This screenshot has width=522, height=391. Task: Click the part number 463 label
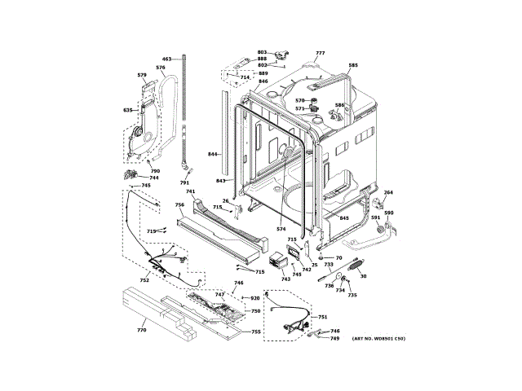click(166, 59)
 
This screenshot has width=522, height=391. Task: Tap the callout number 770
click(141, 330)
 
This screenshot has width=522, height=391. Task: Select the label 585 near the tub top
click(353, 65)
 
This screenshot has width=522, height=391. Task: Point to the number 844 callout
click(212, 154)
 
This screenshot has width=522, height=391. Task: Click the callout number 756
click(179, 204)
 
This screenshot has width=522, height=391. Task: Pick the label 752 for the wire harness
click(144, 280)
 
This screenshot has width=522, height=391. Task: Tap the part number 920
click(254, 299)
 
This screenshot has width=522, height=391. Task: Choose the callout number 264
click(388, 192)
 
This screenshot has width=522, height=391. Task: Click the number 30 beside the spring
click(364, 277)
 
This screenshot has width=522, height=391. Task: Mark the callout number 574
click(281, 229)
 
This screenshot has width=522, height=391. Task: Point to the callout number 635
click(128, 110)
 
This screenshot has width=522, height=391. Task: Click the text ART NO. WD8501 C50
click(378, 338)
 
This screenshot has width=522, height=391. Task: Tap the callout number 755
click(255, 332)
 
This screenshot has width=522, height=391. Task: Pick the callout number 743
click(285, 279)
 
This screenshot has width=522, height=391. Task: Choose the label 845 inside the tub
click(344, 218)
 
